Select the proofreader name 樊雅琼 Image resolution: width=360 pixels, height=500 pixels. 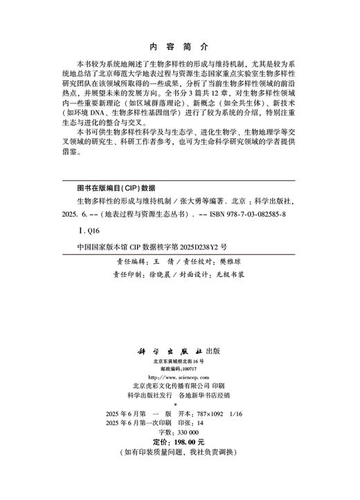click(235, 262)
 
